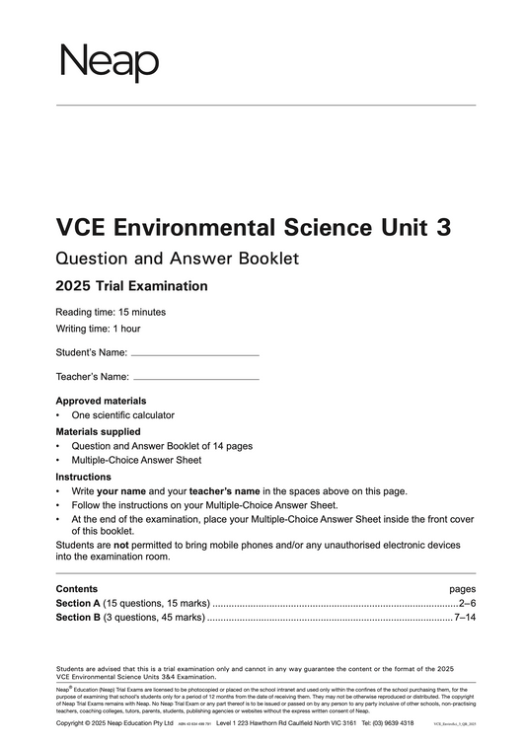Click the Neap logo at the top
point(110,62)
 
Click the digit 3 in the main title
point(443,228)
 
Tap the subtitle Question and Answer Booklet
point(177,260)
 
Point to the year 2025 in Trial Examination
point(75,287)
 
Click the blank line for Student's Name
point(194,353)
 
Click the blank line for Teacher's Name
point(195,378)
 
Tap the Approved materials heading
point(101,401)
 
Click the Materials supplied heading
point(98,431)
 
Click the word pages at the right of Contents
point(462,588)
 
